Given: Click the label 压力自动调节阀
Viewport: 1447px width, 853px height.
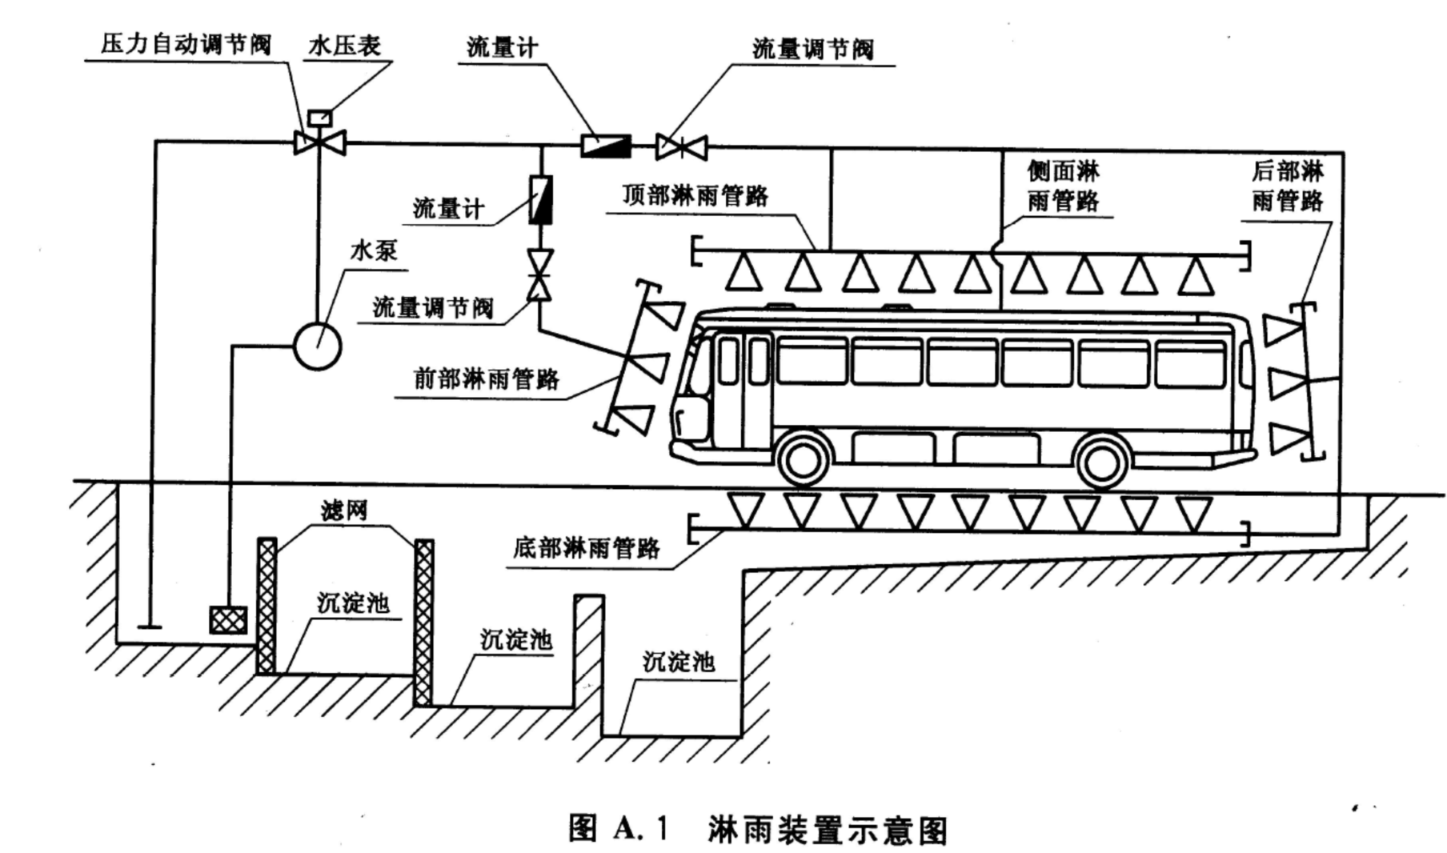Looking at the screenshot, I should tap(185, 44).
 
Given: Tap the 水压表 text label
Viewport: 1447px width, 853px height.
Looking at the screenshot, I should tap(344, 46).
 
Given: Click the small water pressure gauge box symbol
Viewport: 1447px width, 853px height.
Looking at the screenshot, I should tap(320, 118).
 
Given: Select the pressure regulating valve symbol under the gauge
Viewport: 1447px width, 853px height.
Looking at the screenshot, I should tap(320, 143).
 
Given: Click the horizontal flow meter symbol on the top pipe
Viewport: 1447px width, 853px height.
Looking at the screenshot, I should tap(605, 146).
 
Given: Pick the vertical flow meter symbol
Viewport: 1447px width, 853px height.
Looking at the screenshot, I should tap(541, 200).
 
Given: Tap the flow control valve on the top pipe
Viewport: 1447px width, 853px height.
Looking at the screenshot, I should tap(681, 147).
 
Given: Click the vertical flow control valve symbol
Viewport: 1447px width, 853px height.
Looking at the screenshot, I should tap(540, 274).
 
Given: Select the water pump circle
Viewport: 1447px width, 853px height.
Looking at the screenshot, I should tap(318, 346).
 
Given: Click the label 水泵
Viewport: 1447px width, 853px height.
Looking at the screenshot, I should tap(374, 250).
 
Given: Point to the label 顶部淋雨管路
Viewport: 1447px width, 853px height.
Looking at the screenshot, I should tap(695, 195).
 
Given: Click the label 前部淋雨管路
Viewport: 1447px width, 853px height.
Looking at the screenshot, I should tap(486, 378).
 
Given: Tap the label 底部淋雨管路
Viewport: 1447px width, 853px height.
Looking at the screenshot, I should tap(587, 548).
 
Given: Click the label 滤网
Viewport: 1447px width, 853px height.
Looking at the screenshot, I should tap(344, 511).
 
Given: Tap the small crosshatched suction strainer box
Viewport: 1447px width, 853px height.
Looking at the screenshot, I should tap(228, 619).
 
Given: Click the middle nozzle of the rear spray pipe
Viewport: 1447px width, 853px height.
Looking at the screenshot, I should tap(1286, 382).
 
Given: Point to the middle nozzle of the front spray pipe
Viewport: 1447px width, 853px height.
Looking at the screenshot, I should tap(650, 366).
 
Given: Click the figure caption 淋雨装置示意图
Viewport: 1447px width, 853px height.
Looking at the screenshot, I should tap(828, 831).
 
